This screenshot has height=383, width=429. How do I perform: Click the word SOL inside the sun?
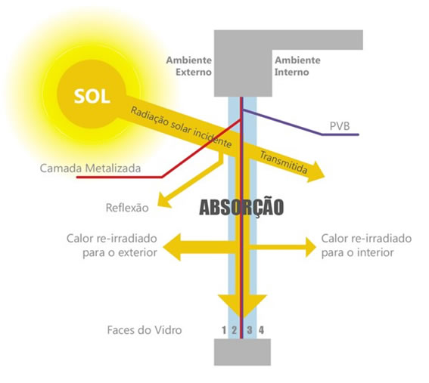click(92, 96)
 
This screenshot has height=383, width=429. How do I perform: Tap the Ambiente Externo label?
click(189, 66)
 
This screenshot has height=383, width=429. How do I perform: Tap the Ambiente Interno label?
click(297, 66)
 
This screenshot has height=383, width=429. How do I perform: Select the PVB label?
click(340, 126)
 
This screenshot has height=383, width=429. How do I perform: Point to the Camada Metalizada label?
click(90, 168)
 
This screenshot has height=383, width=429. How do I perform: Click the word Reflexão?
click(127, 208)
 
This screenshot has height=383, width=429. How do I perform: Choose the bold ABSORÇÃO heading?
click(241, 207)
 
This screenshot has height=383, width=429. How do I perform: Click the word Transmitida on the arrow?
click(284, 162)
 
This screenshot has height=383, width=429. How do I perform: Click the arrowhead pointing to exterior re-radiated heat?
click(172, 247)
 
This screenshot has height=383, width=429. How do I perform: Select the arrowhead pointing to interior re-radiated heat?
click(311, 247)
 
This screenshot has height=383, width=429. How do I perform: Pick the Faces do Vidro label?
click(145, 330)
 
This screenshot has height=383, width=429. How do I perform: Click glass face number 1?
click(224, 330)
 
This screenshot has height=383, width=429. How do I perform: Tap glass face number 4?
click(261, 330)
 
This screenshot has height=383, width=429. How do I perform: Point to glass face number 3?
click(249, 330)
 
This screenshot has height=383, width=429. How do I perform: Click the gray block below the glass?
click(242, 352)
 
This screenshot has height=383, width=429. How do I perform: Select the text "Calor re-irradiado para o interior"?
click(366, 246)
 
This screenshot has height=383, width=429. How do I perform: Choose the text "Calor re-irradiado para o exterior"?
click(112, 246)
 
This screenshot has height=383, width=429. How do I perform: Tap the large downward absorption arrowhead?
click(242, 305)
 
